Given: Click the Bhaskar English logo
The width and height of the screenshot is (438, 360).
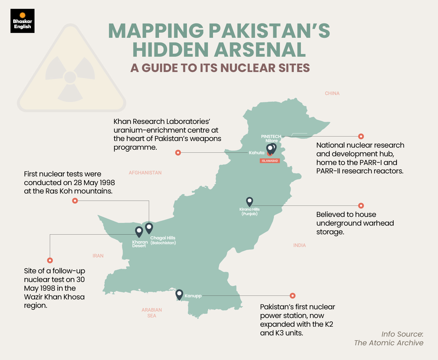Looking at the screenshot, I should pos(22,21).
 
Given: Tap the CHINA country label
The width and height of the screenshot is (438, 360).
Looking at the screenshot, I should pos(332,93).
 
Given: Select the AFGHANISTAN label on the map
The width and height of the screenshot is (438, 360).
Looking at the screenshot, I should pos(145,173).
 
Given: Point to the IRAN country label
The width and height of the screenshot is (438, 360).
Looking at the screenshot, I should pos(98,256).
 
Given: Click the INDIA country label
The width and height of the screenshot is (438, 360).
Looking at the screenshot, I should pos(299,245).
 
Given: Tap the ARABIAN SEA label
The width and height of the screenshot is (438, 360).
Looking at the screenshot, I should pos(152,313).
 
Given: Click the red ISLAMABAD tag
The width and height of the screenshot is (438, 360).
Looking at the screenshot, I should pos(270,161).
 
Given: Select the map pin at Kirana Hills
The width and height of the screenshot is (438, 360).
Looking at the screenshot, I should pos(249,201).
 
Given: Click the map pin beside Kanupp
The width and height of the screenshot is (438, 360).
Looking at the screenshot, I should pos(179,294).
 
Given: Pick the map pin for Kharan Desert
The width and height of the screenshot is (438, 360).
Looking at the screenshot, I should pos(139,231).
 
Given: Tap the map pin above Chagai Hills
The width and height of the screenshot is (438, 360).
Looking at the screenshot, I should pos(149,228).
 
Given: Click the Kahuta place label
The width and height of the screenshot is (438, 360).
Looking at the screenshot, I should pos(256,153).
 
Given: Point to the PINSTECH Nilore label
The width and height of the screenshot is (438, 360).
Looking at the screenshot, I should pos(271,139).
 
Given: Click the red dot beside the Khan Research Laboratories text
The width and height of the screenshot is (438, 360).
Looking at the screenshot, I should pos(178,153).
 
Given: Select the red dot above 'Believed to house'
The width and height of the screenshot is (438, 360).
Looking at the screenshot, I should pos(361,205).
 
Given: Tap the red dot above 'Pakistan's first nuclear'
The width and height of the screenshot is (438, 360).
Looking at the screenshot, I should pos(293,296).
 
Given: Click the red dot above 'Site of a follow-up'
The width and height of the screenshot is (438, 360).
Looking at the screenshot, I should pos(50,260).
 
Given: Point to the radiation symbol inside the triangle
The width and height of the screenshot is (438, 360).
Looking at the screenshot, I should pos(70,77).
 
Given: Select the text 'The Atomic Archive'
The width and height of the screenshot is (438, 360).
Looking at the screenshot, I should pos(388,343).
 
